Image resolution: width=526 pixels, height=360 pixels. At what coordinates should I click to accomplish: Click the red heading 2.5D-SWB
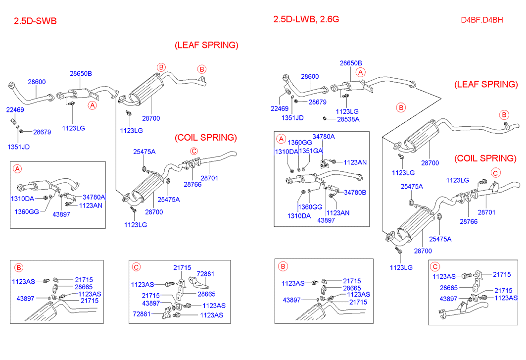[35, 21]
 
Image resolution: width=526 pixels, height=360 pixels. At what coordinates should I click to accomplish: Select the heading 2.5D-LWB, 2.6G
[306, 20]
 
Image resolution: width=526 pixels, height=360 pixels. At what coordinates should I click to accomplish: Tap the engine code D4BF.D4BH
[481, 20]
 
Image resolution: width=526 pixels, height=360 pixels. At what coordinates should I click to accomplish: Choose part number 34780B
[355, 192]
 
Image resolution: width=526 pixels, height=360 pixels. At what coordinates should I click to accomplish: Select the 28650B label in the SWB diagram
[80, 73]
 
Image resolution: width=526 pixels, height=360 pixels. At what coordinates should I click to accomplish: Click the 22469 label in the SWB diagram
[15, 109]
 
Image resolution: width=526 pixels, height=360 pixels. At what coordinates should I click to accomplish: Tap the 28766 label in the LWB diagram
[469, 221]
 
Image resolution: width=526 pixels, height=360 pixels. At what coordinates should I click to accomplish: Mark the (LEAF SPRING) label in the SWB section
[206, 45]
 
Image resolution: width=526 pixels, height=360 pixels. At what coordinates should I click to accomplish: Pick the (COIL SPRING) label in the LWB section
[485, 158]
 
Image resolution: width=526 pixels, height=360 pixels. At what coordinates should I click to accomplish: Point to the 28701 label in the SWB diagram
[209, 178]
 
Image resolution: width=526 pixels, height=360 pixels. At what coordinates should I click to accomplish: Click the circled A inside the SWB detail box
[17, 169]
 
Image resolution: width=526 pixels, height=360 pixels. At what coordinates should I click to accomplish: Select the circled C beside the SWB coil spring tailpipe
[194, 151]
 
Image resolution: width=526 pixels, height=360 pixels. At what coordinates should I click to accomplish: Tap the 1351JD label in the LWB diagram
[292, 117]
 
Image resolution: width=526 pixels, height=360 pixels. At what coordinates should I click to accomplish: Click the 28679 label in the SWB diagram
[42, 132]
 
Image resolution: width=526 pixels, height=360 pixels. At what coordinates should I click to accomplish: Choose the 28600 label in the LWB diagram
[310, 77]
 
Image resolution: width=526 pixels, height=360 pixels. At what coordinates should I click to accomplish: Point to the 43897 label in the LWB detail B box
[293, 300]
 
